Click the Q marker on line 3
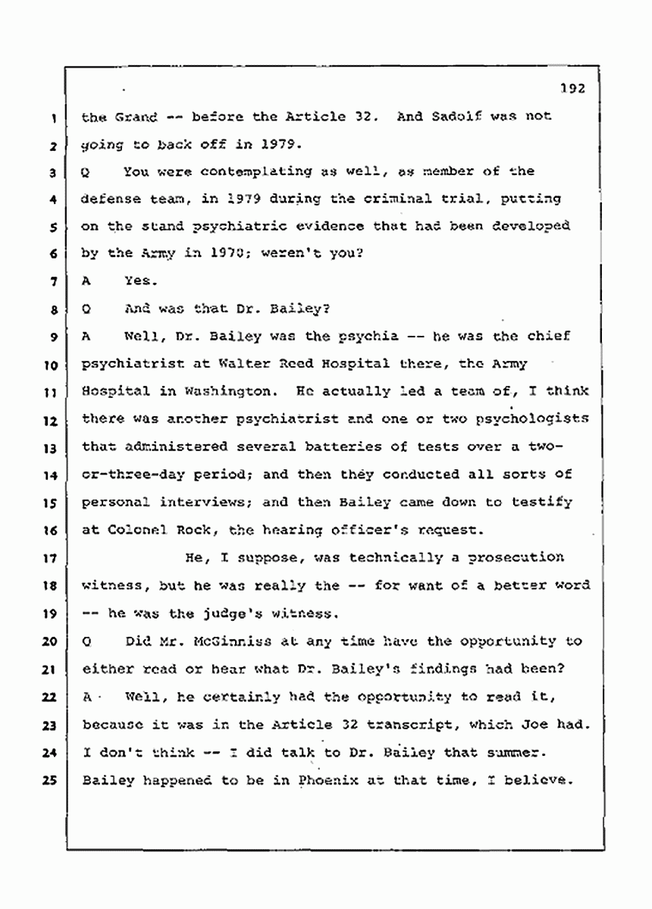pyautogui.click(x=86, y=172)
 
